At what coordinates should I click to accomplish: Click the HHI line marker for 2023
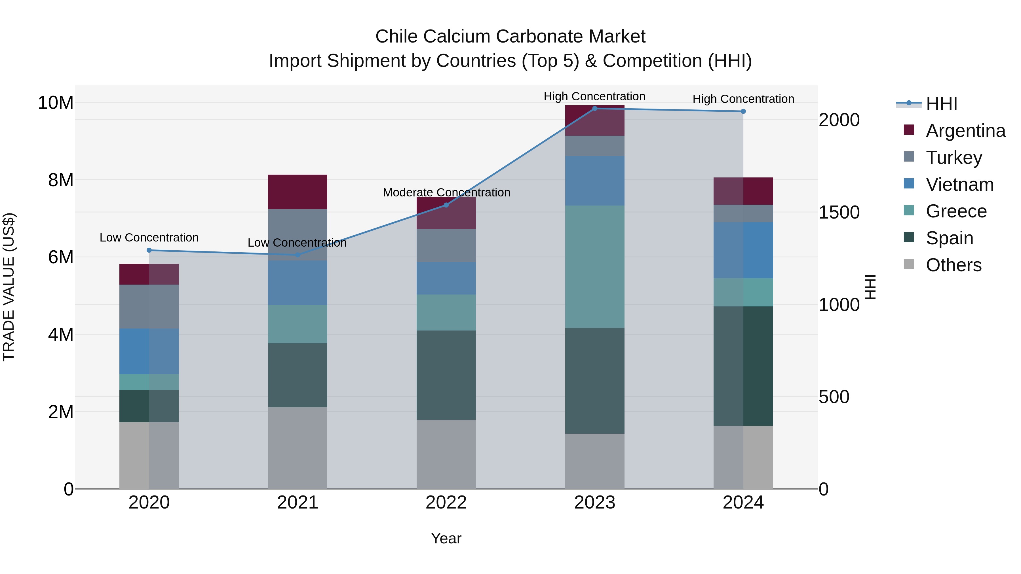click(594, 109)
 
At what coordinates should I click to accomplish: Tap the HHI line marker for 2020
click(149, 250)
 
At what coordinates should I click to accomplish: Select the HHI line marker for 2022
click(446, 205)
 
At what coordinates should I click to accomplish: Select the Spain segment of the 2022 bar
click(446, 375)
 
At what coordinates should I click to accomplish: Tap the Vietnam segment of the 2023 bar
click(594, 181)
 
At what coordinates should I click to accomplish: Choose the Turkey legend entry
click(954, 158)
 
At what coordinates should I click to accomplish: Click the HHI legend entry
click(941, 104)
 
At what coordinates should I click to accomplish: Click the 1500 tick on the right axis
click(839, 213)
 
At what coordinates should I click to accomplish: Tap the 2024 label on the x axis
click(743, 503)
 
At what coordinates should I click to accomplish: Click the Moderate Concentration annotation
click(446, 192)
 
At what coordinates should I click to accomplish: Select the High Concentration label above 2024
click(743, 99)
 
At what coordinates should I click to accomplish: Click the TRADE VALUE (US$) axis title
click(9, 287)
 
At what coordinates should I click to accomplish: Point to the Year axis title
click(446, 538)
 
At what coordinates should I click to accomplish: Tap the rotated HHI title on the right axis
click(870, 287)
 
